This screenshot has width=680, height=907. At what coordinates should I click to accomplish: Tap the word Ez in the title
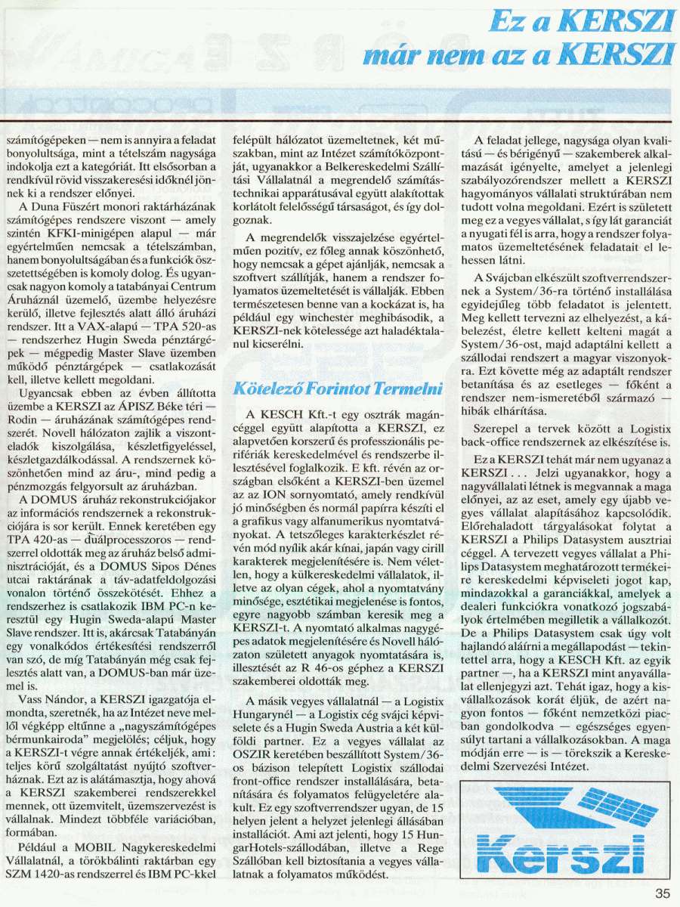504,22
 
